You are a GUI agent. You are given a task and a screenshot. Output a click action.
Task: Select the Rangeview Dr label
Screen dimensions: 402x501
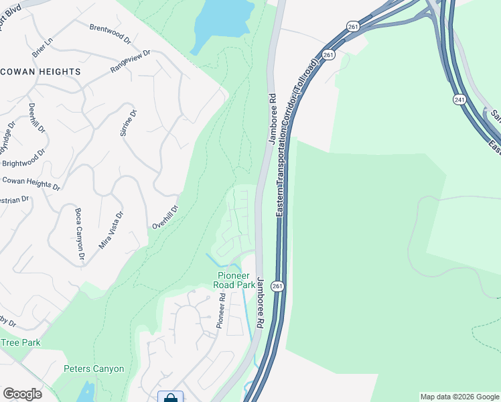pyautogui.click(x=131, y=60)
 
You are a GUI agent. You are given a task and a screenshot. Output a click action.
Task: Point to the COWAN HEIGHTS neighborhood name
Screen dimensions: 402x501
pyautogui.click(x=40, y=71)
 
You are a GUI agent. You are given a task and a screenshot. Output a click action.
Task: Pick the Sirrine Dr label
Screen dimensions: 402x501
pyautogui.click(x=128, y=123)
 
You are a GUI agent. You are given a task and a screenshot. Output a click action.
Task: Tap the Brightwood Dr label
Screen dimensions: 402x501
pyautogui.click(x=23, y=158)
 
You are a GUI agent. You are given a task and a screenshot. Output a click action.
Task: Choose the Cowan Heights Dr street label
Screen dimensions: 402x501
pyautogui.click(x=31, y=184)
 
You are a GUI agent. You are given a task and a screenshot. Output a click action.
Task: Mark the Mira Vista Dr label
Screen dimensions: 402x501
pyautogui.click(x=111, y=230)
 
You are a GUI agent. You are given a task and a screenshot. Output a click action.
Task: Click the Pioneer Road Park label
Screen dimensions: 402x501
pyautogui.click(x=234, y=280)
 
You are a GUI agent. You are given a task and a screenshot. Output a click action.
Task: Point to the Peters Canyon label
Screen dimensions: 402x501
pyautogui.click(x=94, y=368)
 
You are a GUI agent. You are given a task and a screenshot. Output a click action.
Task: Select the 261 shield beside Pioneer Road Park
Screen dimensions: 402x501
pyautogui.click(x=278, y=286)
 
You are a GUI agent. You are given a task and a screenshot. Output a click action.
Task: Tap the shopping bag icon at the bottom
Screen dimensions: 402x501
pyautogui.click(x=170, y=397)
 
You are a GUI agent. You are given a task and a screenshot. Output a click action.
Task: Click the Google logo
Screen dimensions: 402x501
pyautogui.click(x=22, y=394)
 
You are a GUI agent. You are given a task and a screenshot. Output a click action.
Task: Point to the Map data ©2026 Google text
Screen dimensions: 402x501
pyautogui.click(x=460, y=397)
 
